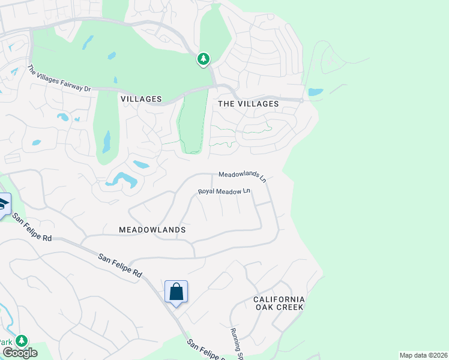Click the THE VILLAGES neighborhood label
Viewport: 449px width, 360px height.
[x=248, y=104]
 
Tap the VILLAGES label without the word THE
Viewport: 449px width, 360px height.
[x=141, y=98]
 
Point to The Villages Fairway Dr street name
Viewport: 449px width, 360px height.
[x=59, y=79]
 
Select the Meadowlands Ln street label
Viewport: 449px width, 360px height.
[x=242, y=176]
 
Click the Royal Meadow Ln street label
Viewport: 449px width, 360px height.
[x=224, y=191]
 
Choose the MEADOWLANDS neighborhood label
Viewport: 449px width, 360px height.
[x=152, y=230]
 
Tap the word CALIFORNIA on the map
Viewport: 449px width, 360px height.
[x=279, y=299]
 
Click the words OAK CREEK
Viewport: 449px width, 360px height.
[x=279, y=307]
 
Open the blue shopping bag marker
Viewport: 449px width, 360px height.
[x=176, y=292]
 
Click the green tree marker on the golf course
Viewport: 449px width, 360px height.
[x=203, y=59]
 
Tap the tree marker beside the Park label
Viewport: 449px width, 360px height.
[x=22, y=341]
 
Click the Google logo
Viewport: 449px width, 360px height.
[x=19, y=353]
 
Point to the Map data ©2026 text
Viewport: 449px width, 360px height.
[x=423, y=355]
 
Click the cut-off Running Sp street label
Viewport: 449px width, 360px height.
[x=235, y=343]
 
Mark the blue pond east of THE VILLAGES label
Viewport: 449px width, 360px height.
[x=315, y=92]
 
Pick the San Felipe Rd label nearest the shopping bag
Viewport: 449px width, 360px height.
[x=120, y=265]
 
